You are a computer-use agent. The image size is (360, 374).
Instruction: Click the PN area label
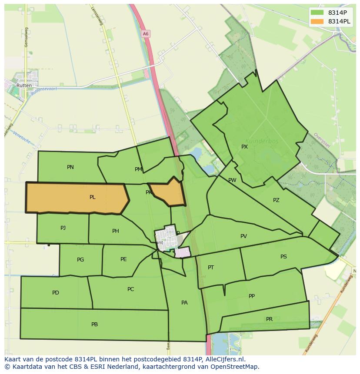click(70, 167)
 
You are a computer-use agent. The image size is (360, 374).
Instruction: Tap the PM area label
click(138, 169)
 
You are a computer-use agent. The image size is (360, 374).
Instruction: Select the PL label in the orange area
click(93, 197)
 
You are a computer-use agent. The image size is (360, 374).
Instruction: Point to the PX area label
click(244, 147)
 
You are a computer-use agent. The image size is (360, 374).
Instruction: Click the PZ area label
click(276, 200)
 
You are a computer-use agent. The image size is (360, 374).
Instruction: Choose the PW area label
click(232, 180)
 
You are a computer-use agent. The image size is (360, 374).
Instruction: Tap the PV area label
click(243, 236)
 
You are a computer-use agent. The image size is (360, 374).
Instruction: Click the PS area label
click(283, 257)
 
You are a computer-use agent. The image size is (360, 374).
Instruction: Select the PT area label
click(211, 268)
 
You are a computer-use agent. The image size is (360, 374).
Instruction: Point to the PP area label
click(252, 296)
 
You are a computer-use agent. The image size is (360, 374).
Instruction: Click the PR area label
click(269, 319)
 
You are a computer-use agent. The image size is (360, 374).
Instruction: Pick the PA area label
click(184, 303)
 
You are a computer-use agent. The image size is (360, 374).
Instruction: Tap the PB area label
click(95, 324)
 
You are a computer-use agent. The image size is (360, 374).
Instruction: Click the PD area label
click(56, 293)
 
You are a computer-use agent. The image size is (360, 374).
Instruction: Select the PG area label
click(80, 260)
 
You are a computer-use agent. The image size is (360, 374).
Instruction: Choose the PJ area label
click(63, 228)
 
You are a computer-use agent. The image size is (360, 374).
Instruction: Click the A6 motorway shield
click(145, 33)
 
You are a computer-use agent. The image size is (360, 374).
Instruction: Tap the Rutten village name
click(23, 86)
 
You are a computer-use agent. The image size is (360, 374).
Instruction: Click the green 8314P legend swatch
click(317, 13)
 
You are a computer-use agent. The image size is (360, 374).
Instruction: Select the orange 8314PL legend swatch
click(317, 21)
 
